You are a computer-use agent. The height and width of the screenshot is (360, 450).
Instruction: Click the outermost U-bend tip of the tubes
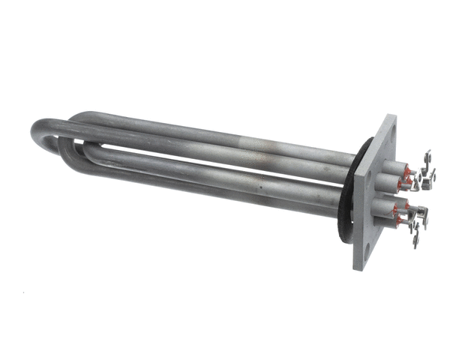35,134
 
